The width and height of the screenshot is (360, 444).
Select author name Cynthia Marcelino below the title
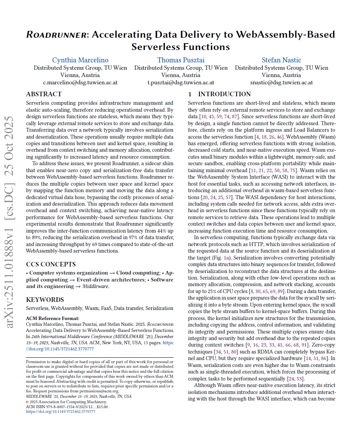pos(80,60)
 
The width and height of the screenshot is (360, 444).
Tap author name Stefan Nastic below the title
pos(281,60)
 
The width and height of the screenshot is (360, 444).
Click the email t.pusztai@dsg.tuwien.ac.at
pos(181,82)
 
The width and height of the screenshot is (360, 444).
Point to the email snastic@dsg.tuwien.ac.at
pos(281,82)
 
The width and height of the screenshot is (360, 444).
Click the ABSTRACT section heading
pos(44,94)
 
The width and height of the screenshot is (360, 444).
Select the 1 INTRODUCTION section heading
pos(219,94)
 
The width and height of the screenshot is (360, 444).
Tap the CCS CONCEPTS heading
pos(50,265)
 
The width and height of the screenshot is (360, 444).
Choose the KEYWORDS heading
pos(45,300)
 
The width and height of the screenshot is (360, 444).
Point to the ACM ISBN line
pos(67,406)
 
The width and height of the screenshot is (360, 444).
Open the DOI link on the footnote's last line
pos(60,411)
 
